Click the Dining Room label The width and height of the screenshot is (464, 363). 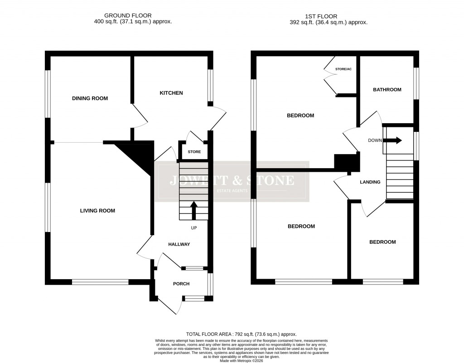[90, 98]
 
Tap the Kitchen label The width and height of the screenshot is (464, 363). [171, 93]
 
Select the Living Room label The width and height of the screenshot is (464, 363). [97, 211]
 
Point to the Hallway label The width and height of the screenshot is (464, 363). [179, 244]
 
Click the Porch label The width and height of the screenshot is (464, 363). [181, 284]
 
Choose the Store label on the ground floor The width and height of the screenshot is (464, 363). [194, 152]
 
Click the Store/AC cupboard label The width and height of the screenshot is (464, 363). [343, 69]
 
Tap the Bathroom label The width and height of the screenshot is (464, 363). [387, 90]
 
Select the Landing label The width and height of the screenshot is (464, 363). [370, 182]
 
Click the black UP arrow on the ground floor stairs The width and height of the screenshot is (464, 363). [193, 210]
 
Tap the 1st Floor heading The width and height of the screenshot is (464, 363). [329, 16]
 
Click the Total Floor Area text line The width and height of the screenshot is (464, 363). [241, 334]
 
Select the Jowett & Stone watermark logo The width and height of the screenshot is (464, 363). [232, 181]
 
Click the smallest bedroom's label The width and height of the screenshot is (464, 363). [382, 242]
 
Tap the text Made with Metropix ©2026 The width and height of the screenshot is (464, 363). [241, 361]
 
